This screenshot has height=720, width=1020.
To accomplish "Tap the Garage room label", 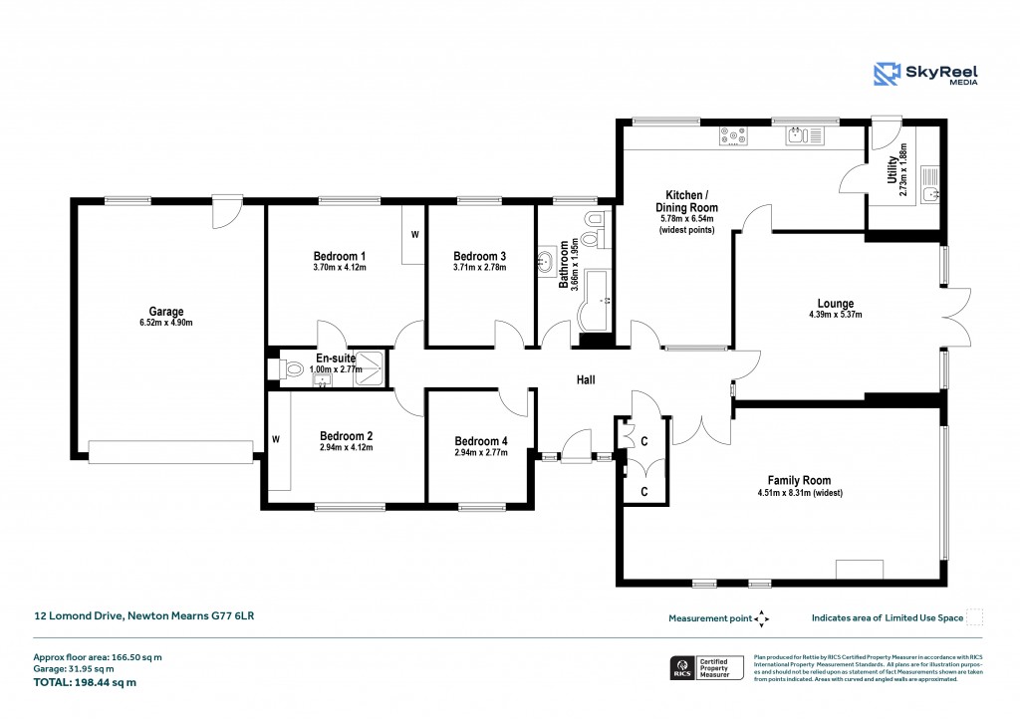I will [x=166, y=312].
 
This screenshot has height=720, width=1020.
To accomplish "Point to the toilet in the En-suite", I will [x=290, y=369].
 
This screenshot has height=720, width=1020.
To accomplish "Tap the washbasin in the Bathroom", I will [x=547, y=263].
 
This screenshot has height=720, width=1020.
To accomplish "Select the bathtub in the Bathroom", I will [x=596, y=302].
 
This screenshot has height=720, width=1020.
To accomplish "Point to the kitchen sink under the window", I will [x=802, y=136].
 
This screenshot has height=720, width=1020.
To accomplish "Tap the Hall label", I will [x=587, y=379].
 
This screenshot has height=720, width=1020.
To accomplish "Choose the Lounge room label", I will [x=835, y=304].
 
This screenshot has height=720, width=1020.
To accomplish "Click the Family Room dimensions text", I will [x=799, y=492].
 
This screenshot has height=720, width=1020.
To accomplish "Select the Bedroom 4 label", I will [x=481, y=441].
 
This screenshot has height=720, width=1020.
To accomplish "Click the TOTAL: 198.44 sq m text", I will [x=84, y=683].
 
